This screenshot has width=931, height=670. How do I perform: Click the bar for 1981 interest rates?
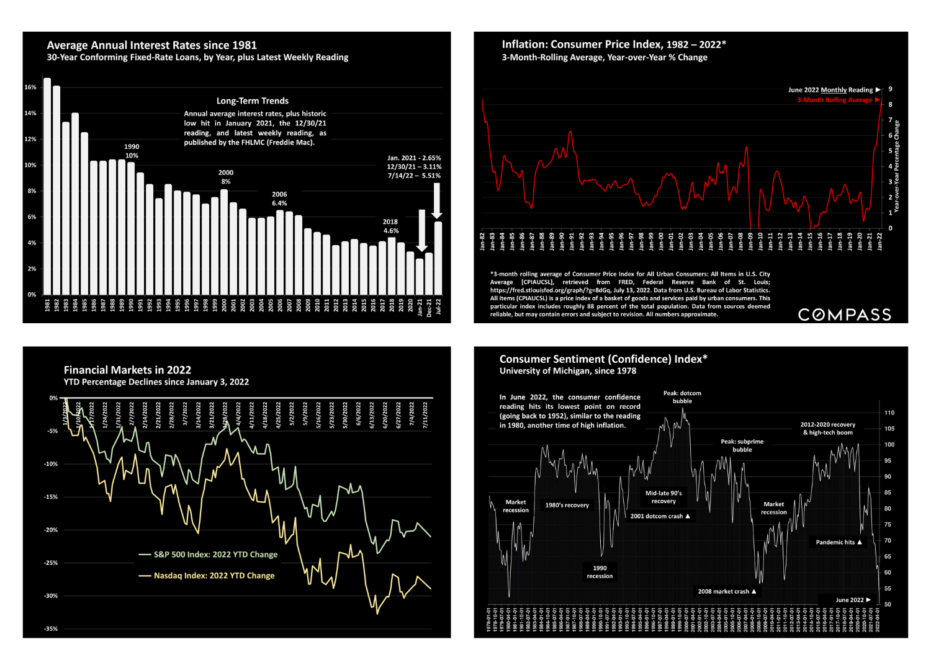click(47, 186)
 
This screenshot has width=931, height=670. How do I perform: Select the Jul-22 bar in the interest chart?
click(438, 258)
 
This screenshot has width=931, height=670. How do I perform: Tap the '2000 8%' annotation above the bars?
click(226, 177)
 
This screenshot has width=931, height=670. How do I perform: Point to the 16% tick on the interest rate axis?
click(30, 87)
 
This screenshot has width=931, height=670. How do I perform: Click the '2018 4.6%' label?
click(390, 226)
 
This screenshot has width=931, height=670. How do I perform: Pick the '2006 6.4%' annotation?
click(279, 199)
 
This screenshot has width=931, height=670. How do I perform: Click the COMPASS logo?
click(844, 315)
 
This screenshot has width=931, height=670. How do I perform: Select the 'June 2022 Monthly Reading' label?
click(830, 90)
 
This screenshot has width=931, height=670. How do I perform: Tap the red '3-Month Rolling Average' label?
click(835, 100)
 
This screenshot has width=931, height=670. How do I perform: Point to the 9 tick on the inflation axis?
click(890, 89)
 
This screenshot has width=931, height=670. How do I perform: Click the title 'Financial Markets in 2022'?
click(127, 370)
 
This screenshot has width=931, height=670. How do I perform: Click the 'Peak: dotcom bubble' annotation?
click(682, 397)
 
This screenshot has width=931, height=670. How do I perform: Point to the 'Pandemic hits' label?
click(835, 542)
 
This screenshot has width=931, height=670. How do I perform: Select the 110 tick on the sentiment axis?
click(889, 413)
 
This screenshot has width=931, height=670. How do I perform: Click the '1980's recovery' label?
click(567, 505)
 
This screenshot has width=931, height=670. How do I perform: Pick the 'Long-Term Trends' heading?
click(253, 100)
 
